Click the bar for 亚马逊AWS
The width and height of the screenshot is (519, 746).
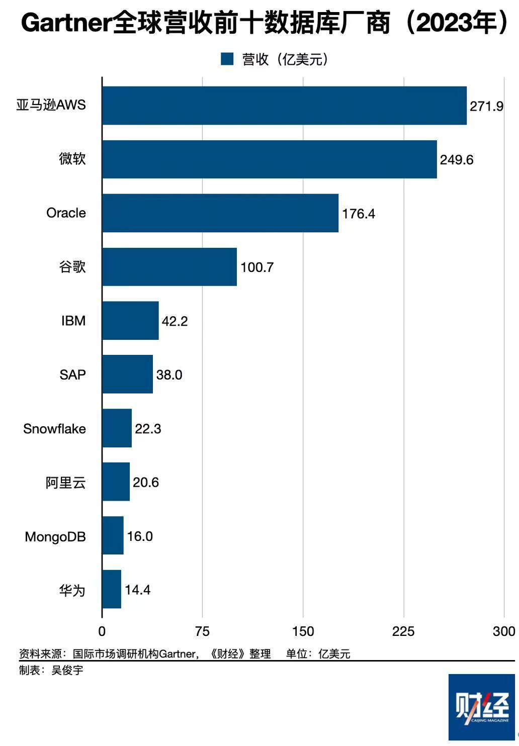click(x=284, y=106)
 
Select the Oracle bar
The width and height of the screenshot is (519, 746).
click(x=220, y=213)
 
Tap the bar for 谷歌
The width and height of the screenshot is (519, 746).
click(x=169, y=267)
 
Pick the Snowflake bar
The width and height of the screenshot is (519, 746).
click(x=117, y=428)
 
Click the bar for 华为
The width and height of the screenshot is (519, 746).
click(x=112, y=589)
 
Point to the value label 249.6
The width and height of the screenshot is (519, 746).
click(x=457, y=160)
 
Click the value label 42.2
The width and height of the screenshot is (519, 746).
click(x=175, y=321)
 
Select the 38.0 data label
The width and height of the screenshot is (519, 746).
click(x=169, y=375)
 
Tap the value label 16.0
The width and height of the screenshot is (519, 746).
click(x=140, y=536)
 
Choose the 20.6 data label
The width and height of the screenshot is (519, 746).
click(x=146, y=483)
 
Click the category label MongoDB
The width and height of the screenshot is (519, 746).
click(x=55, y=537)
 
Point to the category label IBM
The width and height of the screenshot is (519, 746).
click(x=73, y=321)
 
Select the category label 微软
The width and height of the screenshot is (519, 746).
click(x=72, y=159)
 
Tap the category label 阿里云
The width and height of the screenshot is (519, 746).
click(x=66, y=483)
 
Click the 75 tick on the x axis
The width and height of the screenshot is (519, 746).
click(x=202, y=631)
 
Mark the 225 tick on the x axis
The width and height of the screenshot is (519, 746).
click(x=403, y=631)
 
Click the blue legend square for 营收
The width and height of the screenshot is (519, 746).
click(x=227, y=59)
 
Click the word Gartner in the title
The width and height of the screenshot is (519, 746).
click(x=66, y=23)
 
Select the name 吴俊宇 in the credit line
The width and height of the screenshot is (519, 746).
click(x=67, y=670)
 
